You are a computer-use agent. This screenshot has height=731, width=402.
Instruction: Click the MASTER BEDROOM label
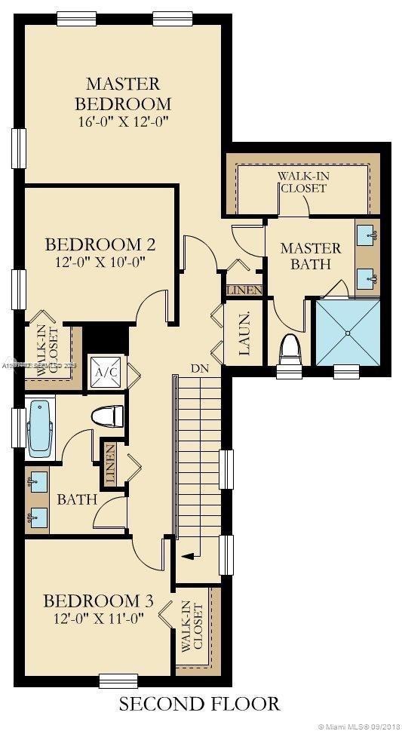(x=127, y=93)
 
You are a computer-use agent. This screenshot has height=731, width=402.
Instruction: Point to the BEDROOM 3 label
(x=98, y=601)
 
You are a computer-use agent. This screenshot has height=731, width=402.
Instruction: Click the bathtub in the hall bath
(x=39, y=427)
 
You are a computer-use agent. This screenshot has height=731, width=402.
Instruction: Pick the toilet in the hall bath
(x=106, y=416)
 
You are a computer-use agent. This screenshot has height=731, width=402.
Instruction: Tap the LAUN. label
(x=244, y=332)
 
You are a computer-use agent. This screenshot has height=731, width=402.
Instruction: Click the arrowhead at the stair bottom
(x=186, y=555)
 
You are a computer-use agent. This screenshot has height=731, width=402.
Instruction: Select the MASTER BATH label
(x=310, y=256)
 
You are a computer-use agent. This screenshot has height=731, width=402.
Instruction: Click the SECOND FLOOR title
(x=200, y=704)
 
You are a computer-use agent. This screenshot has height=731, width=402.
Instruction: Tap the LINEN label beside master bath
(x=244, y=290)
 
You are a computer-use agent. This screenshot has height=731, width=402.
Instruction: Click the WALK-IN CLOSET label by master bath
(x=303, y=182)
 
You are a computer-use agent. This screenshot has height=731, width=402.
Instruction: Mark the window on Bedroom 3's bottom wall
(x=118, y=680)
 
